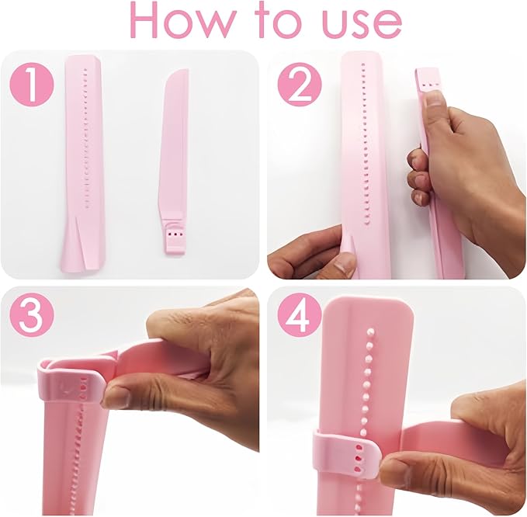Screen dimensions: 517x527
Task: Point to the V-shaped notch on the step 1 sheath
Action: [x=79, y=248]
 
